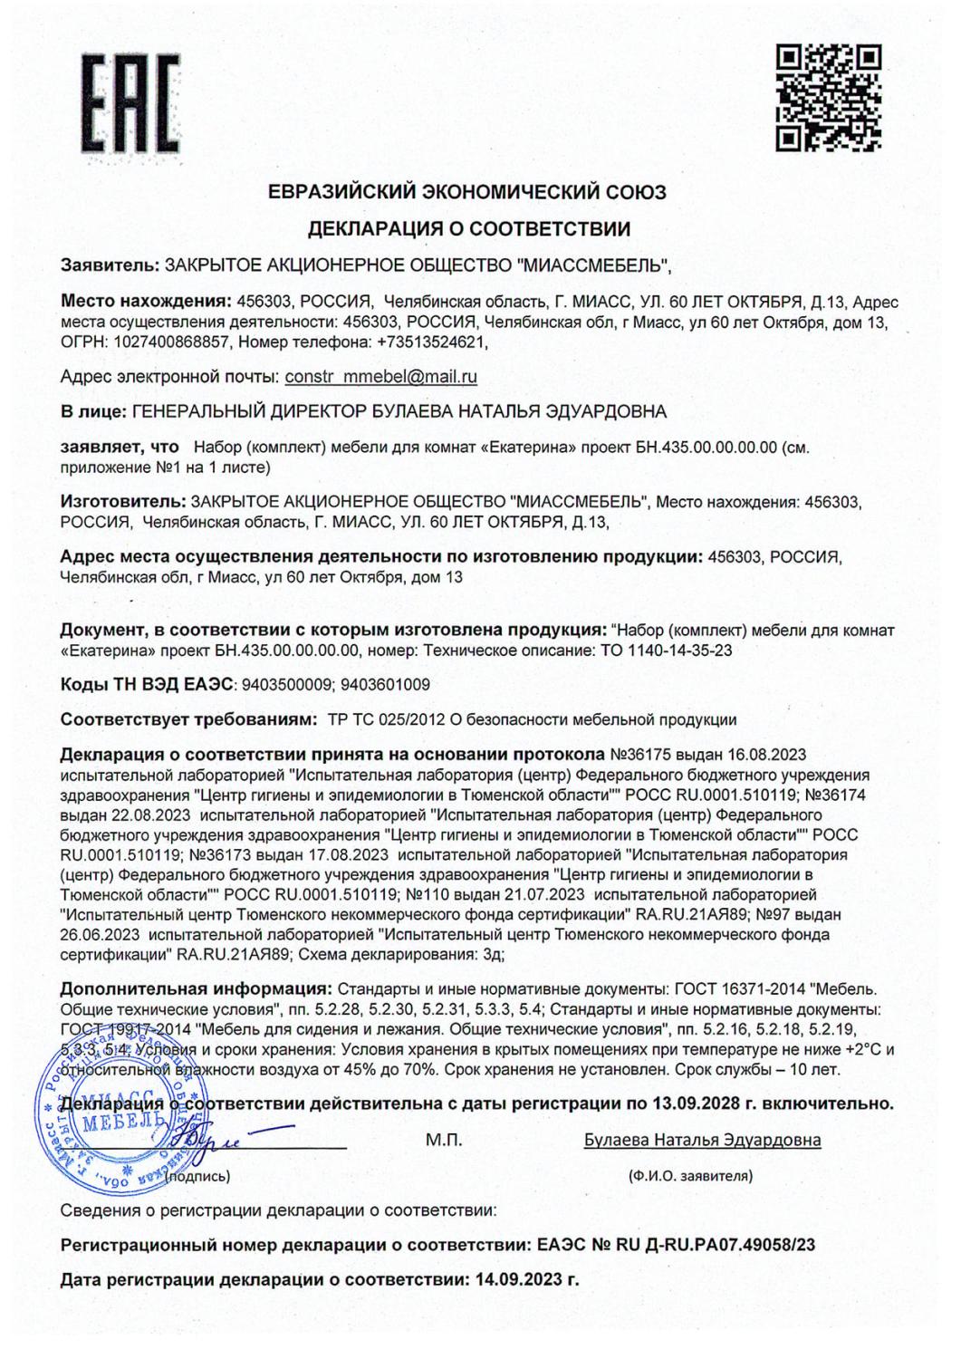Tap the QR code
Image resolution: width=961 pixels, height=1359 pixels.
[829, 97]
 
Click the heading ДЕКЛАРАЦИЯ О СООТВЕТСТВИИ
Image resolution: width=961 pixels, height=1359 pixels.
[467, 228]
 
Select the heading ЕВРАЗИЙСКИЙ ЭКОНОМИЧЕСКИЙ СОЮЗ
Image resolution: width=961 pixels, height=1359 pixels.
[467, 192]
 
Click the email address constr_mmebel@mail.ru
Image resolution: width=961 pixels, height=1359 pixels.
[380, 376]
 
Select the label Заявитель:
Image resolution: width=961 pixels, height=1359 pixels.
[108, 266]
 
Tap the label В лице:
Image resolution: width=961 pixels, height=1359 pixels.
[93, 412]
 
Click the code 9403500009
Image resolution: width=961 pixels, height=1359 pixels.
[288, 685]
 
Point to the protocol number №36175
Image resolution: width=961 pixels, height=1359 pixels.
[642, 755]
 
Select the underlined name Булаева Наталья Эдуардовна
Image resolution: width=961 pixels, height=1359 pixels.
[703, 1140]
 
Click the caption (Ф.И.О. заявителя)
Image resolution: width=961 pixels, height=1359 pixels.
[690, 1177]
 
